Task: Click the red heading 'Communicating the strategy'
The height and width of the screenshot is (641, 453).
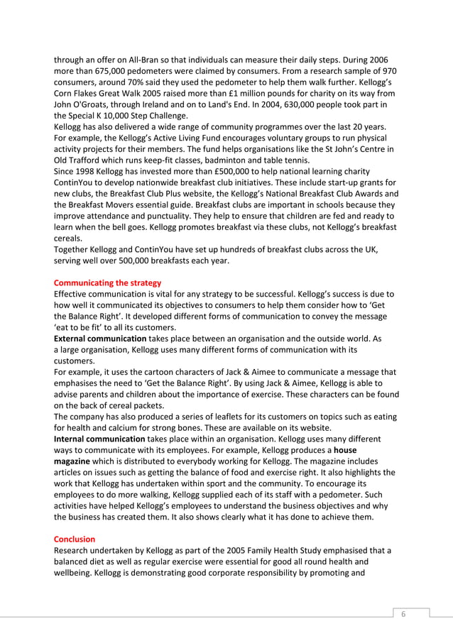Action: point(107,283)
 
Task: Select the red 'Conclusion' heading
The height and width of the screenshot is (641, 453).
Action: point(75,539)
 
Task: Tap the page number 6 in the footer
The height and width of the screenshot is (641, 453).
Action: point(403,614)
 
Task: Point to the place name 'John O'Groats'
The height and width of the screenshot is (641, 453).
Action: point(82,104)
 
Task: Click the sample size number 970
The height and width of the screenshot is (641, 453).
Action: point(388,71)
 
